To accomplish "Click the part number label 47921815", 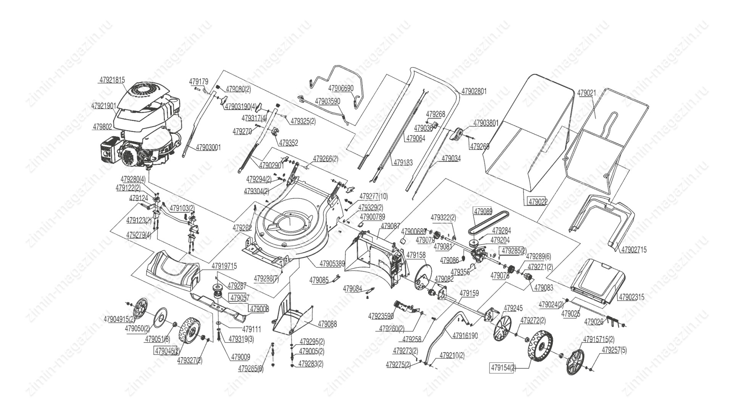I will point(112,80).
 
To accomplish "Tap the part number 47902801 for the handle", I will point(474,92).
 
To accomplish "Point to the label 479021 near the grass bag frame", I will point(586,93).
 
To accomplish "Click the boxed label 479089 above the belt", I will point(483,211).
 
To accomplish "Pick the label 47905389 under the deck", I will point(332,264).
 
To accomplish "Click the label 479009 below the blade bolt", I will point(239,357).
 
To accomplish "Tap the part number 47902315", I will point(631,297).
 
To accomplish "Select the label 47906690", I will point(341,89).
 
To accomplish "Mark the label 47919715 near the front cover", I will point(224,266).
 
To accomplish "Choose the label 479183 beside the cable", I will point(403,163).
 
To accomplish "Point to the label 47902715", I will point(634,250).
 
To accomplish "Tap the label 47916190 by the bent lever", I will point(465,336).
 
